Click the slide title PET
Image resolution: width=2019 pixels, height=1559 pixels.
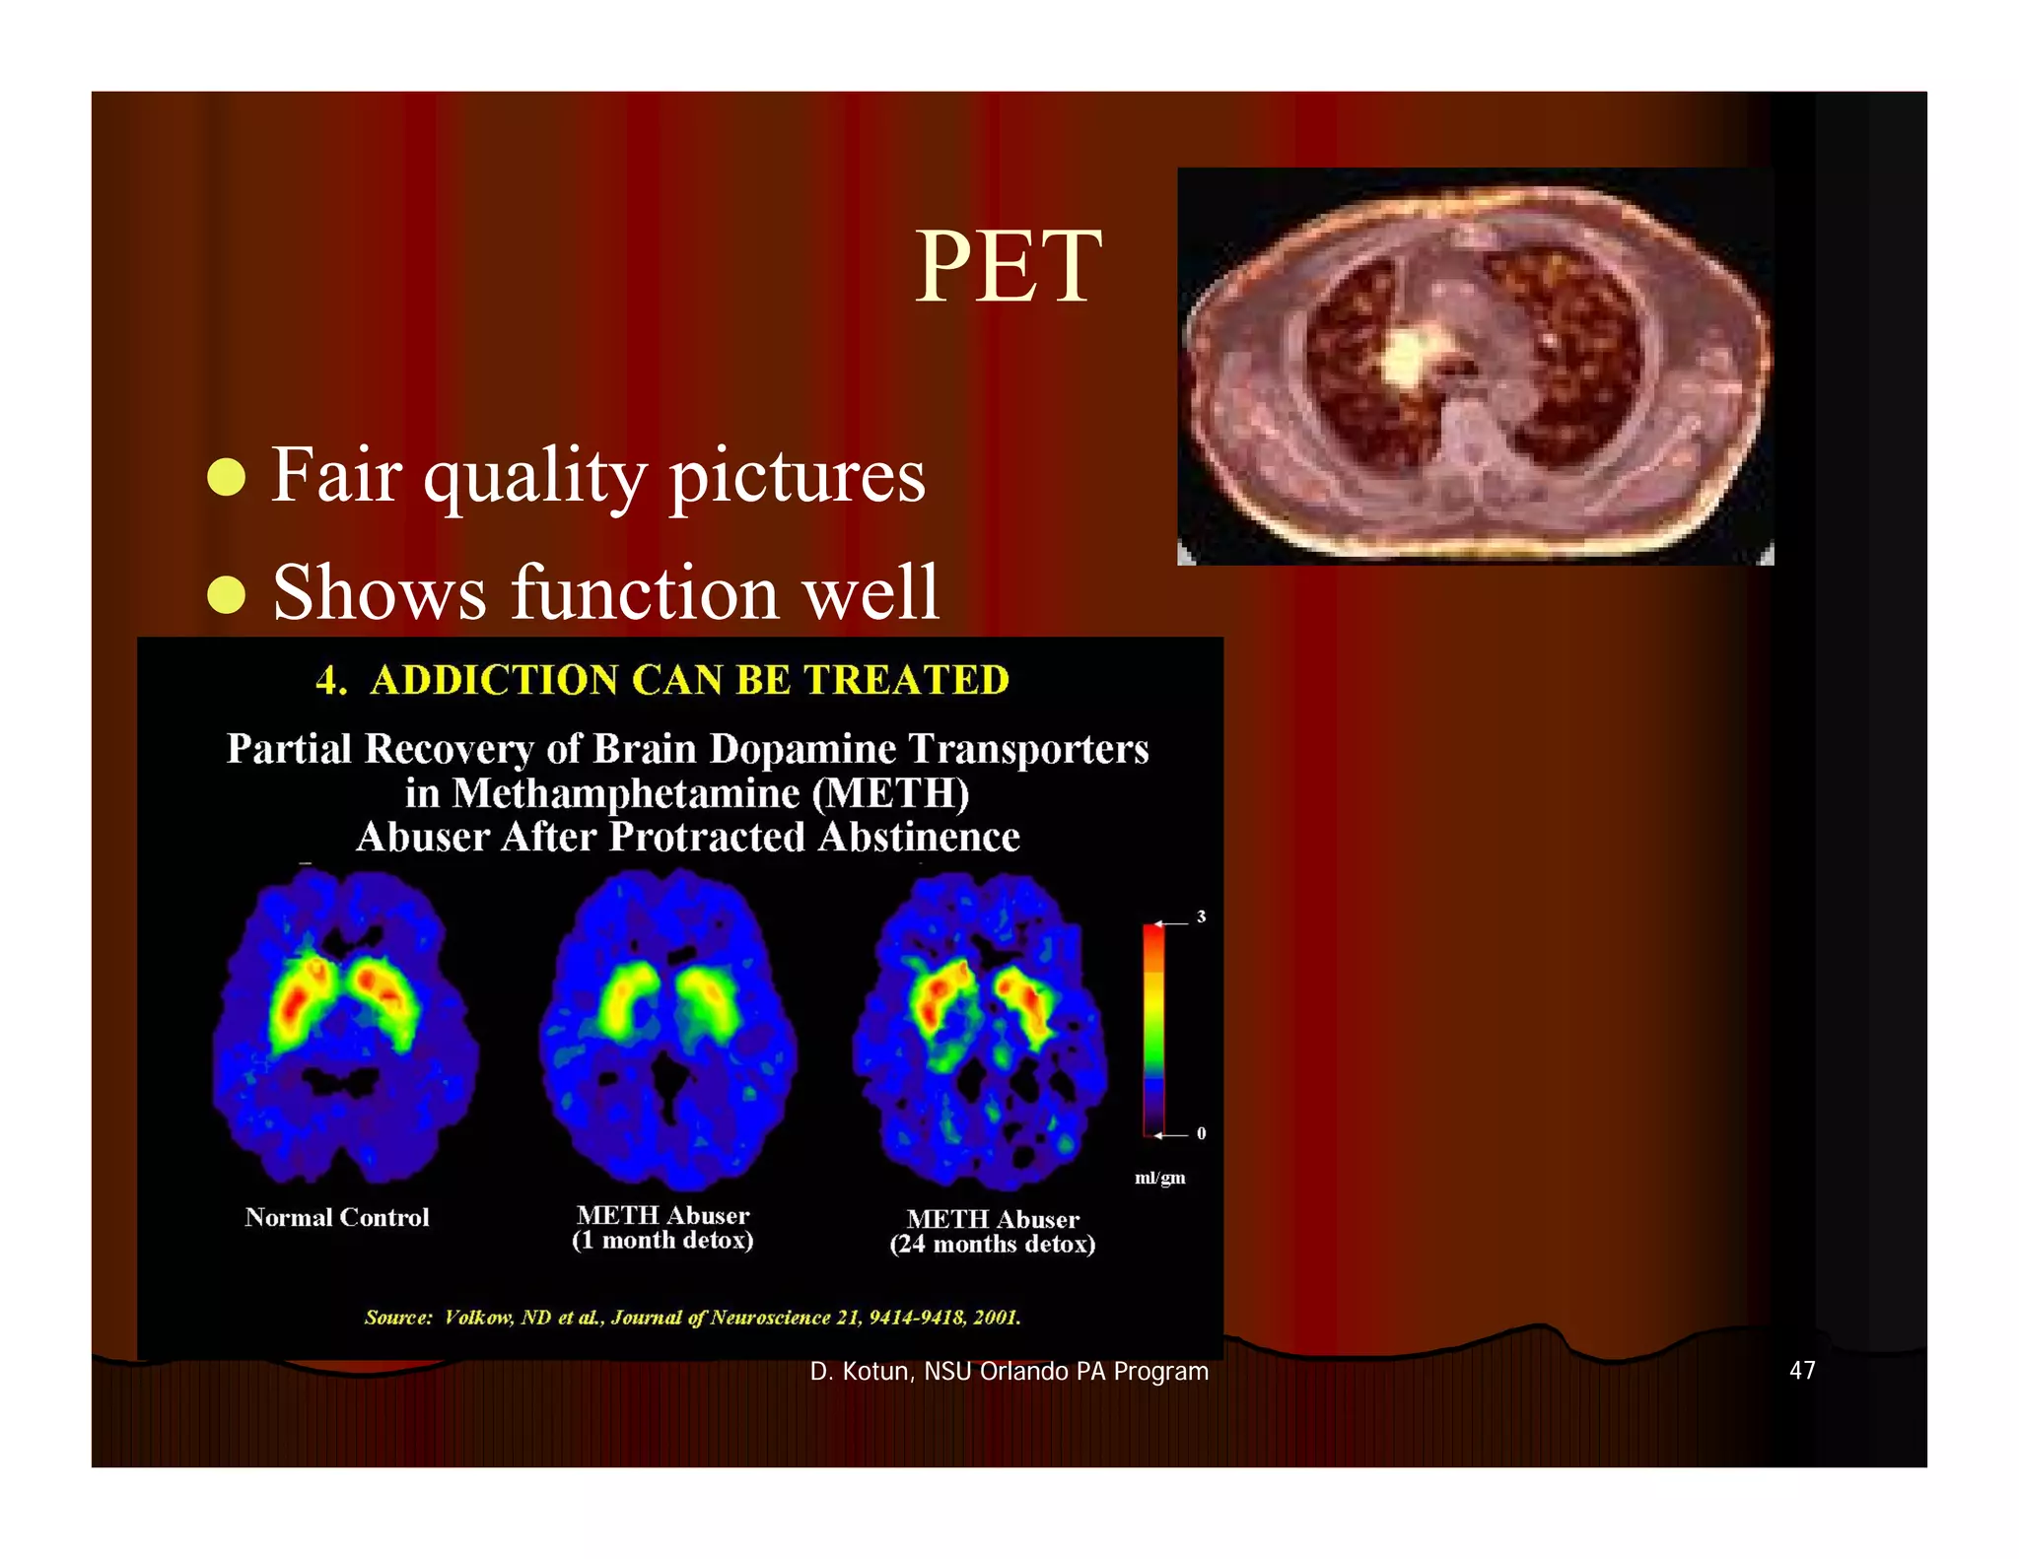tap(1008, 267)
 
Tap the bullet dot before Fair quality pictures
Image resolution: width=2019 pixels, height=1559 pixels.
tap(227, 477)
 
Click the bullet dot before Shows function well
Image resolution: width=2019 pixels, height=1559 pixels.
tap(227, 594)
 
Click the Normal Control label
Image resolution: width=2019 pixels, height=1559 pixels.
tap(337, 1217)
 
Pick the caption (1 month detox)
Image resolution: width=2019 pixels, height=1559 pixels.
tap(662, 1241)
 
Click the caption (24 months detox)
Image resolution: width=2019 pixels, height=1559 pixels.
tap(993, 1245)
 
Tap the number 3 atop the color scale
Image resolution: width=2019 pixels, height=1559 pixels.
tap(1201, 916)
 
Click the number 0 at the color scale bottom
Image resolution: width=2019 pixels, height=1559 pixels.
tap(1201, 1133)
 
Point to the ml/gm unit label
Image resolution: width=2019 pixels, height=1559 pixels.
tap(1160, 1178)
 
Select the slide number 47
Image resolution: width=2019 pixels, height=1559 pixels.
tap(1802, 1371)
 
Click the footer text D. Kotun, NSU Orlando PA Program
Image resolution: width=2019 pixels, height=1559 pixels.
tap(1009, 1372)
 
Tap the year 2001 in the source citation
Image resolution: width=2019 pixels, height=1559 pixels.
tap(996, 1318)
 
